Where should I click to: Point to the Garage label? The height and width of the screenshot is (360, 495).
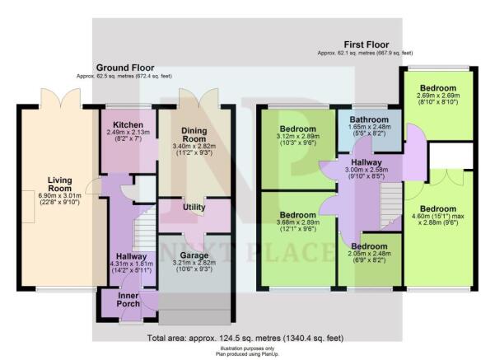194,256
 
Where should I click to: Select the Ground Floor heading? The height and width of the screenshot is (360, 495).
127,68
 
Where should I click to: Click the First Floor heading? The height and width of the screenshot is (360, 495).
366,45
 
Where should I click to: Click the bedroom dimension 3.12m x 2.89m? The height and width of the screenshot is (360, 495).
297,139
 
